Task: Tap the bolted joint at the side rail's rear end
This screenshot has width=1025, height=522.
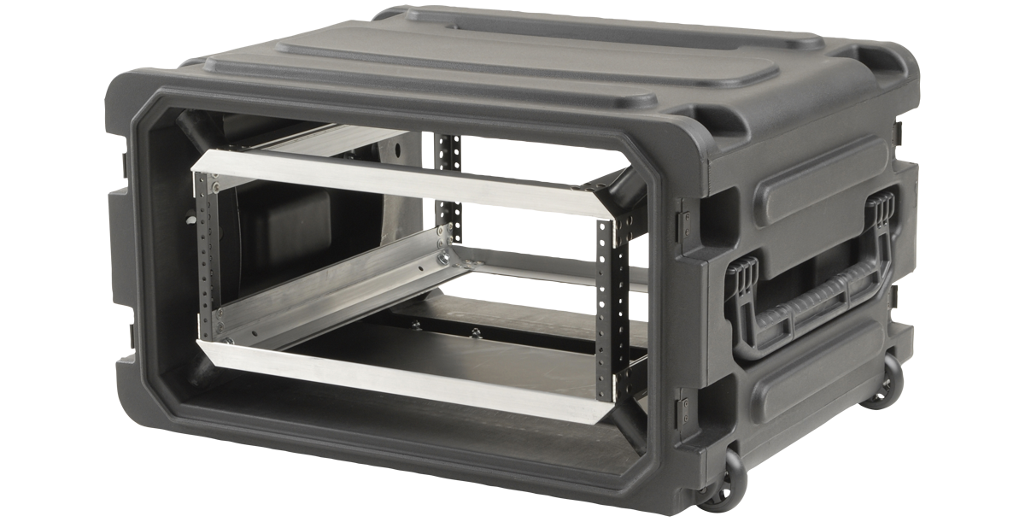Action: point(443,252)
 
